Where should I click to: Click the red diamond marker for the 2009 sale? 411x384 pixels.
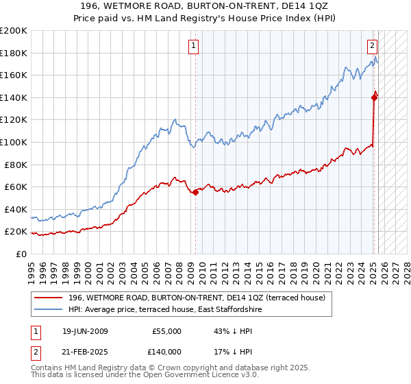pos(195,193)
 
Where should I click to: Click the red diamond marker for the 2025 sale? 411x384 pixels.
pos(374,97)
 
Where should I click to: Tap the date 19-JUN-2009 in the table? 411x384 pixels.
pos(85,331)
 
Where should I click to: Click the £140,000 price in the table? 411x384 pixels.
pos(167,351)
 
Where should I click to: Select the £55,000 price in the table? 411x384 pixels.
pos(167,331)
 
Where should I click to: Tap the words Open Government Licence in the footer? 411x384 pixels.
pos(202,376)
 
